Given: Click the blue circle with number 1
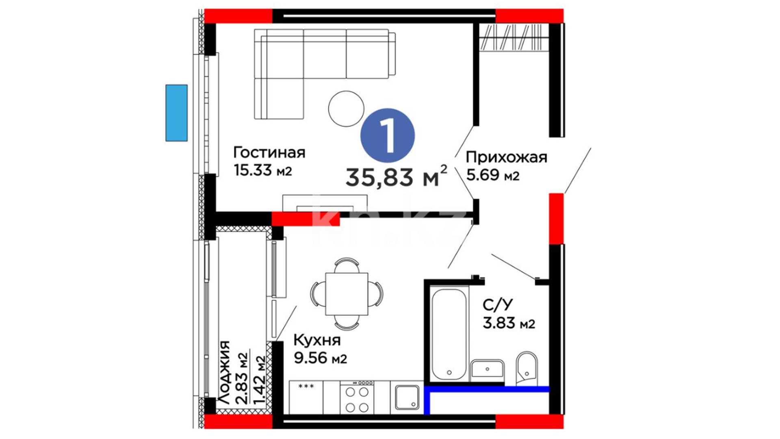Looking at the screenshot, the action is pyautogui.click(x=388, y=135).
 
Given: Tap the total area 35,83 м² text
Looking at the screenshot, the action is pyautogui.click(x=396, y=176).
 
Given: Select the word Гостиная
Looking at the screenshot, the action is pyautogui.click(x=269, y=153).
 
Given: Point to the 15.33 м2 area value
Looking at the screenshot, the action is pyautogui.click(x=263, y=170).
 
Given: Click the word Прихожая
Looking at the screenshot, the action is pyautogui.click(x=507, y=157).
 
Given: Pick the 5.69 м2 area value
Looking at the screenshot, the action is pyautogui.click(x=493, y=175).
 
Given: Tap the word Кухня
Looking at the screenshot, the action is pyautogui.click(x=317, y=340).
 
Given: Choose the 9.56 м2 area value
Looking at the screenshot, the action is pyautogui.click(x=321, y=358).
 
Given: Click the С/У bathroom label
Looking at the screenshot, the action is pyautogui.click(x=498, y=304).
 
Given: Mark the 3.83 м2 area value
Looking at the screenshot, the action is pyautogui.click(x=509, y=323).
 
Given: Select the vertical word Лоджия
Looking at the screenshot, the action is pyautogui.click(x=224, y=372).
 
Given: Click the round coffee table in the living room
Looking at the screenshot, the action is pyautogui.click(x=346, y=109).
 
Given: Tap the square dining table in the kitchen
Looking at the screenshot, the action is pyautogui.click(x=347, y=294).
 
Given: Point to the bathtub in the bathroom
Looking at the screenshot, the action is pyautogui.click(x=449, y=334).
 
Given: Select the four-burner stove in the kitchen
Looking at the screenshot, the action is pyautogui.click(x=357, y=398).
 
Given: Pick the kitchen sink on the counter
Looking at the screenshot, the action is pyautogui.click(x=407, y=397).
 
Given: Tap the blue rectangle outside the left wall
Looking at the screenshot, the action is pyautogui.click(x=176, y=113).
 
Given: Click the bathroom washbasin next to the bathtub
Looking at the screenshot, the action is pyautogui.click(x=487, y=370).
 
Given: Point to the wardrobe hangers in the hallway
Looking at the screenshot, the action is pyautogui.click(x=511, y=37).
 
